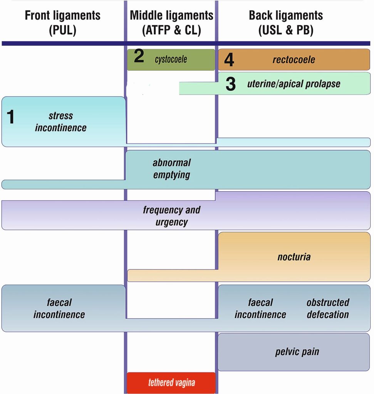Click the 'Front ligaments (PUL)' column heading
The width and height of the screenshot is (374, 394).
point(62,22)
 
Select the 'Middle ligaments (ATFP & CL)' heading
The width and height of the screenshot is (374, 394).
point(171,22)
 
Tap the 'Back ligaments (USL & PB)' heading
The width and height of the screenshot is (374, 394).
point(286,22)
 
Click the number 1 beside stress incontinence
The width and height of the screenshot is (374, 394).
point(11,117)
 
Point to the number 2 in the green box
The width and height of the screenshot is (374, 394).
point(139,57)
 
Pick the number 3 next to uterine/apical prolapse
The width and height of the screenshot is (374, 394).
point(230,84)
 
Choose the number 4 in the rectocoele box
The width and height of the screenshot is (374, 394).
point(229,60)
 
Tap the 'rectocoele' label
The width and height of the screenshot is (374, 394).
point(293,60)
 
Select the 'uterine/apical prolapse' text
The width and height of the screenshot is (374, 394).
point(293,84)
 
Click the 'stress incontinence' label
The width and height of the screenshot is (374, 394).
point(60,122)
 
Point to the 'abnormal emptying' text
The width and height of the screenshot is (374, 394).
point(171,169)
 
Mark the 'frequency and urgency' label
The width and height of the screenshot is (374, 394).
point(171,216)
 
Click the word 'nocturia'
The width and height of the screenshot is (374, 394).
point(294,257)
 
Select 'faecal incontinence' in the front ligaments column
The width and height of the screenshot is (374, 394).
point(59,309)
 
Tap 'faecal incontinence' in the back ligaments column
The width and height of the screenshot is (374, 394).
point(260,309)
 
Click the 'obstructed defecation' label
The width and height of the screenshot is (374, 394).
point(328,309)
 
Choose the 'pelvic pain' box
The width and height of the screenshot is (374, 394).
point(297,352)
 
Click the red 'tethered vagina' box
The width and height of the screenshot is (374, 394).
point(171,383)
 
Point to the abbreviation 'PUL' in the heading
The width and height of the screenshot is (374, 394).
point(62,30)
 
